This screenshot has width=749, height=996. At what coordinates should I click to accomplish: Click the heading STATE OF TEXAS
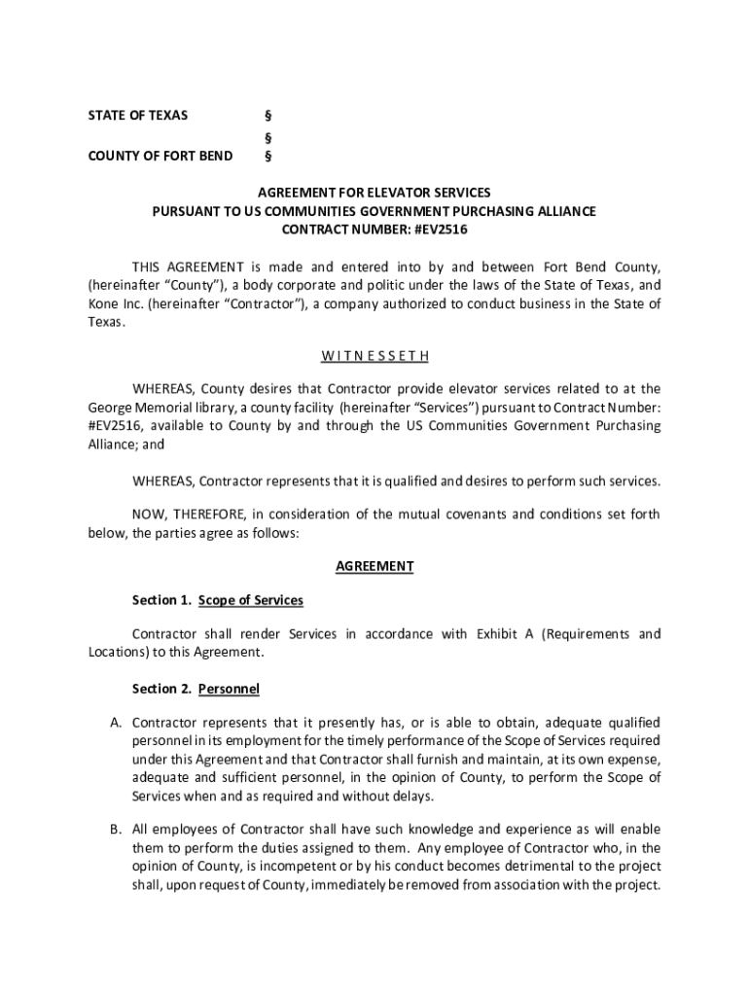pyautogui.click(x=137, y=116)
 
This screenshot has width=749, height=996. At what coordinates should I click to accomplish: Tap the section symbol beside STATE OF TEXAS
pyautogui.click(x=268, y=116)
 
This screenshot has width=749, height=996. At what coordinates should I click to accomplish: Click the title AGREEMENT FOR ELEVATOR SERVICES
pyautogui.click(x=374, y=193)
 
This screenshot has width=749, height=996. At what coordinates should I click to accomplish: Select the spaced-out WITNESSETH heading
pyautogui.click(x=374, y=355)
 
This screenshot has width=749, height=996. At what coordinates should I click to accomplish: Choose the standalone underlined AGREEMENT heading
pyautogui.click(x=374, y=566)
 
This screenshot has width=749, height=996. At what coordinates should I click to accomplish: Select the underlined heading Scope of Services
pyautogui.click(x=251, y=600)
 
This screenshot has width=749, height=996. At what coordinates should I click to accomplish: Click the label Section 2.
pyautogui.click(x=161, y=689)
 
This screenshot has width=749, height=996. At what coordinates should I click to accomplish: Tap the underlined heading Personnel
pyautogui.click(x=229, y=689)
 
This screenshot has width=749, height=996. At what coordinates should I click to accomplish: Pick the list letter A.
pyautogui.click(x=115, y=723)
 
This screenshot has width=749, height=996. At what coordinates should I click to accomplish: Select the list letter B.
pyautogui.click(x=115, y=830)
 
